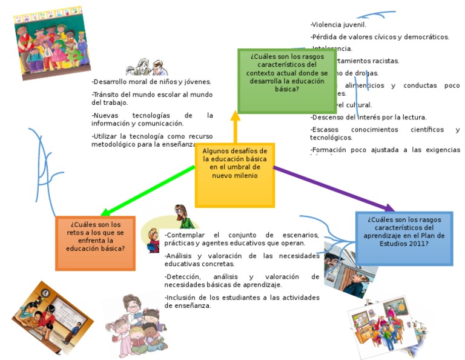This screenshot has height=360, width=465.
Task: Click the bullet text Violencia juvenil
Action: pyautogui.click(x=338, y=25)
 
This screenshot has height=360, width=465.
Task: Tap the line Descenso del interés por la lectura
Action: pyautogui.click(x=369, y=118)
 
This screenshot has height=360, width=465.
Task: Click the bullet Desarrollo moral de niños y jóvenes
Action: pyautogui.click(x=151, y=82)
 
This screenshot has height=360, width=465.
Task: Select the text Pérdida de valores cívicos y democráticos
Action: pyautogui.click(x=380, y=37)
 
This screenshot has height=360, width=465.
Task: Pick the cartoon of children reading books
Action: pyautogui.click(x=135, y=327)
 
